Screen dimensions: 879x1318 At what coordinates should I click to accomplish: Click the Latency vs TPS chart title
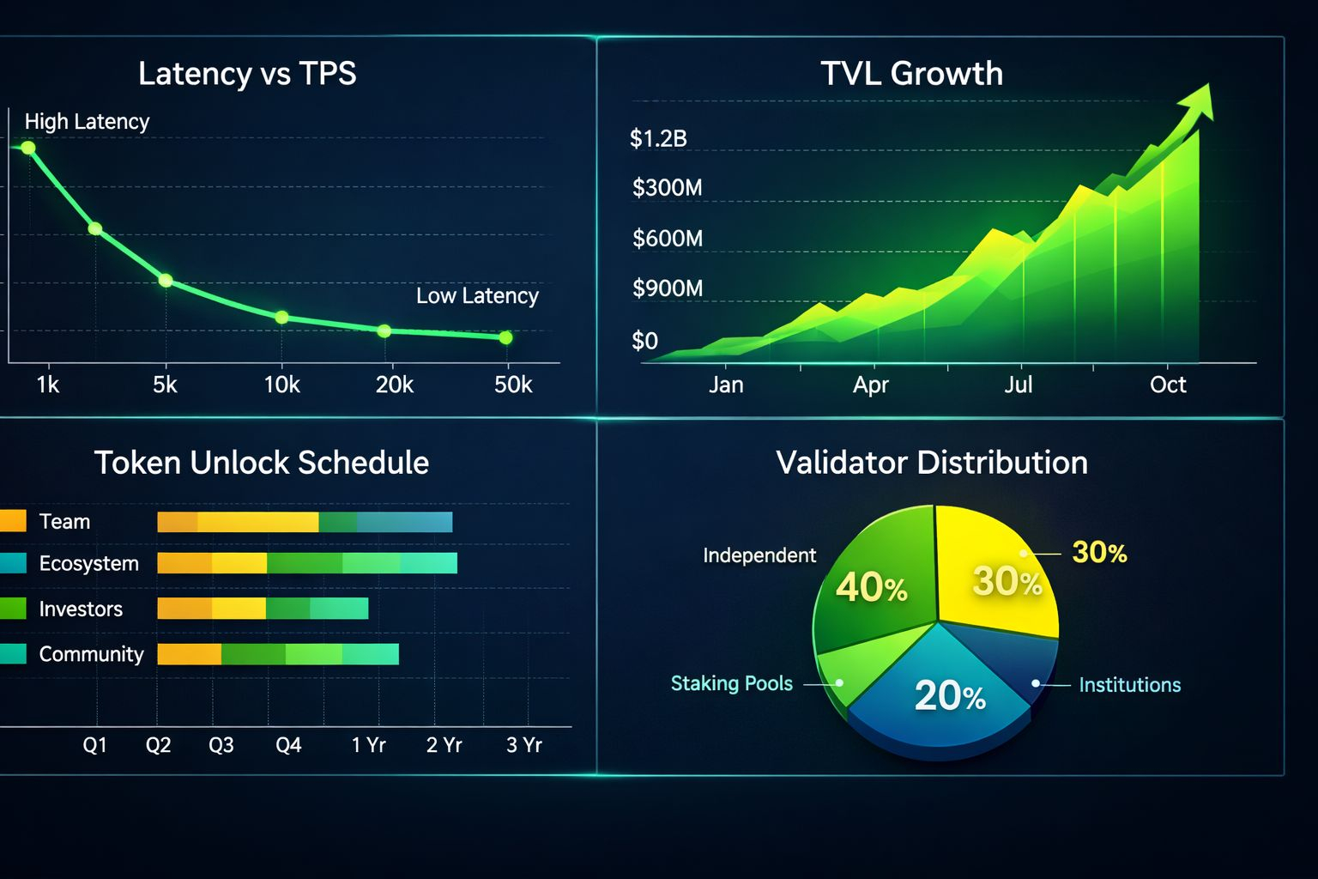(247, 74)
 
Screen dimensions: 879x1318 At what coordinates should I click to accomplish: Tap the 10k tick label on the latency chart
(281, 385)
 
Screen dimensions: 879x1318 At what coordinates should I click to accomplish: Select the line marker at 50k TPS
(505, 337)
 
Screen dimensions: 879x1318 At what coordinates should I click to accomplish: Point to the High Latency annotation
(87, 122)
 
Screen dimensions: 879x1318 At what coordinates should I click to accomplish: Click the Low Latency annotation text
(477, 296)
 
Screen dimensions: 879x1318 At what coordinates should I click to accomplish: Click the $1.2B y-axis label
(658, 139)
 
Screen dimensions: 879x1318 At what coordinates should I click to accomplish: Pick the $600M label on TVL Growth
(667, 239)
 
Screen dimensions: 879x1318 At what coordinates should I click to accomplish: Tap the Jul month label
(1018, 385)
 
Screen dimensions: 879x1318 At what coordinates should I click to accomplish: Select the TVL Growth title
(911, 74)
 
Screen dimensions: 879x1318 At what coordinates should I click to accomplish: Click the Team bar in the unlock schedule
(305, 522)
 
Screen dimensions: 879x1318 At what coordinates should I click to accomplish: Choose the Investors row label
(81, 609)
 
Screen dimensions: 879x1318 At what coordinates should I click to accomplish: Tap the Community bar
(278, 654)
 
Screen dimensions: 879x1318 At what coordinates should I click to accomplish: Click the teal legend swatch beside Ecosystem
(13, 563)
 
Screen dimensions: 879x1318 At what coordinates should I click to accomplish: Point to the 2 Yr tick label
(444, 745)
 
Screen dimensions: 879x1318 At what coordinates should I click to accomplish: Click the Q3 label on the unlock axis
(221, 745)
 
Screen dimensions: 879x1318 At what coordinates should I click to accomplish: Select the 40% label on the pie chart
(871, 588)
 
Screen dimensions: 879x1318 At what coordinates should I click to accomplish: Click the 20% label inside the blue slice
(949, 695)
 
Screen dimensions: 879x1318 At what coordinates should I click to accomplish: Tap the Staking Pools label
(731, 684)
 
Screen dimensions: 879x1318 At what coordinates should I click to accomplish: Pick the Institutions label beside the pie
(1129, 685)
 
